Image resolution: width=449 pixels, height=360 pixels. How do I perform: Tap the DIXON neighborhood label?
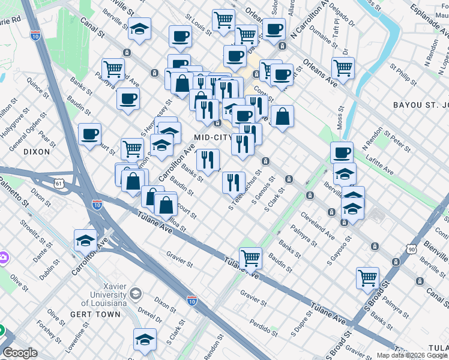click(37, 152)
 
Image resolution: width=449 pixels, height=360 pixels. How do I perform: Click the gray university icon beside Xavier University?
click(136, 294)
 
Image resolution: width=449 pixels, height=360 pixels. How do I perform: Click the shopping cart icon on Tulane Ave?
click(250, 257)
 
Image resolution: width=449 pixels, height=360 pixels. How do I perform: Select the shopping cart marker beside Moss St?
click(343, 68)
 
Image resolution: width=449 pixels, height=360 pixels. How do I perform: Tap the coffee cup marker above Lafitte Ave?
click(342, 152)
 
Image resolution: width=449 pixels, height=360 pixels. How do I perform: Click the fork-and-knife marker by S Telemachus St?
click(234, 181)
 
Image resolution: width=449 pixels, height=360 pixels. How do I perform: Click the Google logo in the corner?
click(20, 353)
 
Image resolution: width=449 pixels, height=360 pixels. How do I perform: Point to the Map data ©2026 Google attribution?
click(412, 355)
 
